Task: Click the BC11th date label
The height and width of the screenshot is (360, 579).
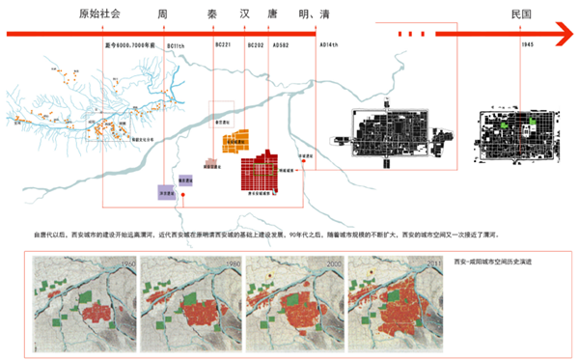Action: point(176,44)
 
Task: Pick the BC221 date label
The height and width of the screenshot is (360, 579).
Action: point(224,44)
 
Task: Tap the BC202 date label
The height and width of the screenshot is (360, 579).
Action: point(255,44)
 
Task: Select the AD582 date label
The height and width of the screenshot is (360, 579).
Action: point(281,44)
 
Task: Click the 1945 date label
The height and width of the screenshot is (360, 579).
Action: point(526,44)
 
